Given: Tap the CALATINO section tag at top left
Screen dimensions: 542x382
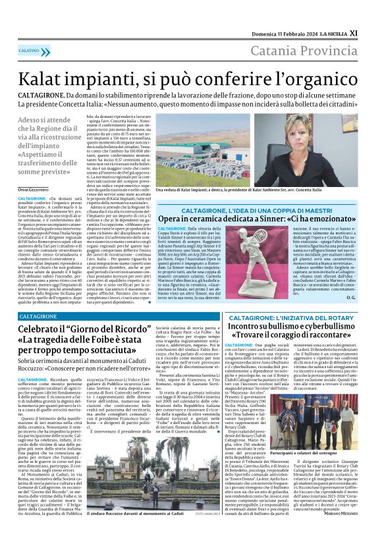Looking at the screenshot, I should point(29,51).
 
